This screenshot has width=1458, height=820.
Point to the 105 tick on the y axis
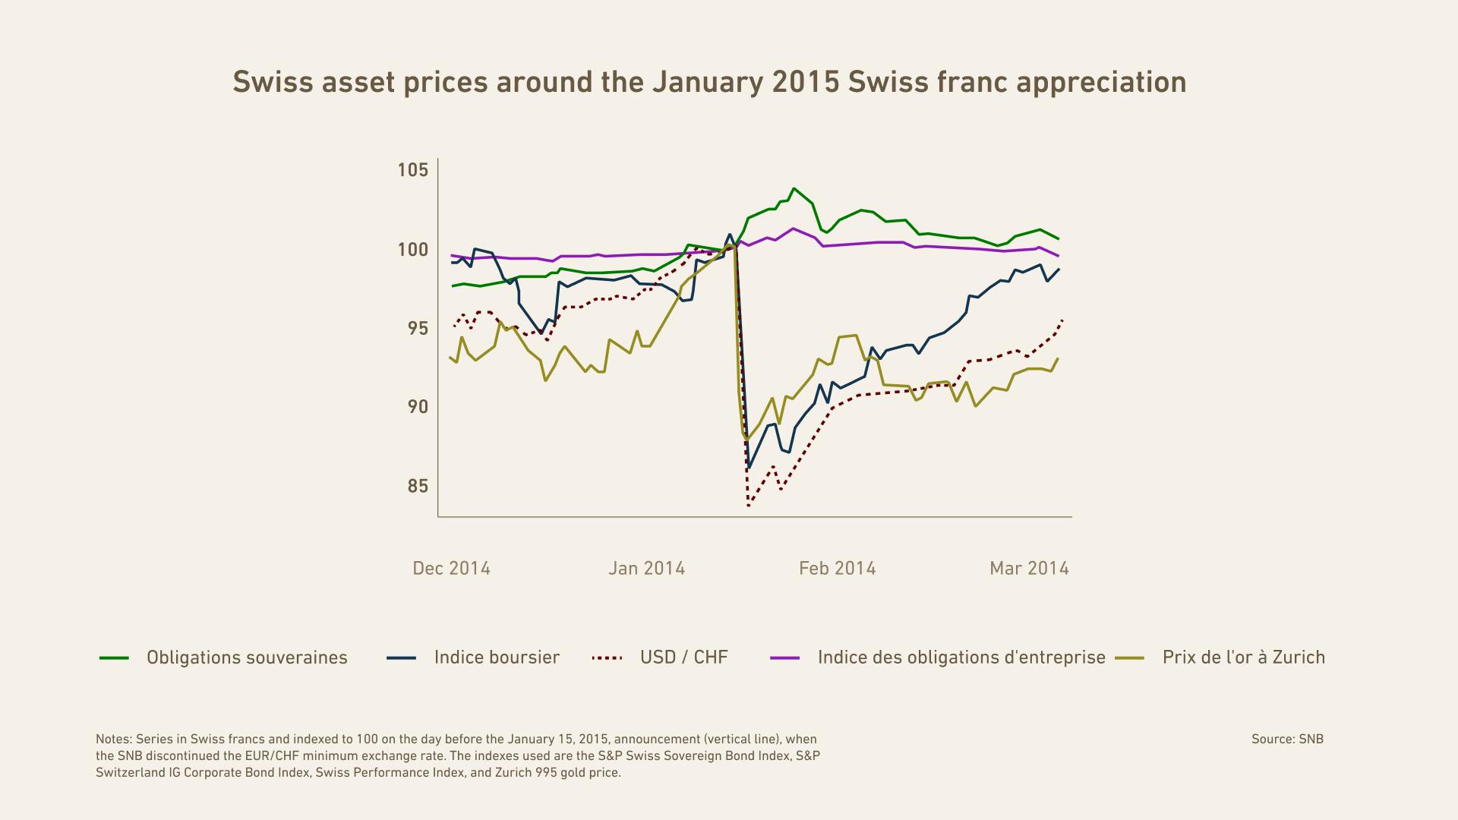click(x=413, y=170)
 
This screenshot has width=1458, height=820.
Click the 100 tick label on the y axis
click(x=413, y=250)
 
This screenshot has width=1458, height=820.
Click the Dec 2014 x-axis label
click(x=451, y=569)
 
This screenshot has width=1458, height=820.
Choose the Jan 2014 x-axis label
click(x=646, y=569)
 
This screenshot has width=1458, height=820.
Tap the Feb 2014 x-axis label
click(x=837, y=569)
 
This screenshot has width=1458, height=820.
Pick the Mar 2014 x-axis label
click(x=1029, y=569)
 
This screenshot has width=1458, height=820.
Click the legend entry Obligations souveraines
click(x=247, y=658)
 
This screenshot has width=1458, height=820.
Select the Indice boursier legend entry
click(x=497, y=658)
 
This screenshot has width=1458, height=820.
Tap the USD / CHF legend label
click(x=683, y=658)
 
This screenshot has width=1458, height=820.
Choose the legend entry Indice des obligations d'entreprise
click(x=961, y=658)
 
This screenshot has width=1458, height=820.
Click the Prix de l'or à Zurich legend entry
click(x=1243, y=658)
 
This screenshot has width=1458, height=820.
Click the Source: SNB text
click(x=1287, y=740)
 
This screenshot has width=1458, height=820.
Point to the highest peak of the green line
click(x=794, y=188)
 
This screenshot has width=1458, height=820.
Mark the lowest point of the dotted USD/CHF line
click(x=749, y=506)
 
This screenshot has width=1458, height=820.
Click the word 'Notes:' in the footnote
click(x=114, y=740)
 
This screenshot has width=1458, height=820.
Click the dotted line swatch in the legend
click(x=607, y=658)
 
